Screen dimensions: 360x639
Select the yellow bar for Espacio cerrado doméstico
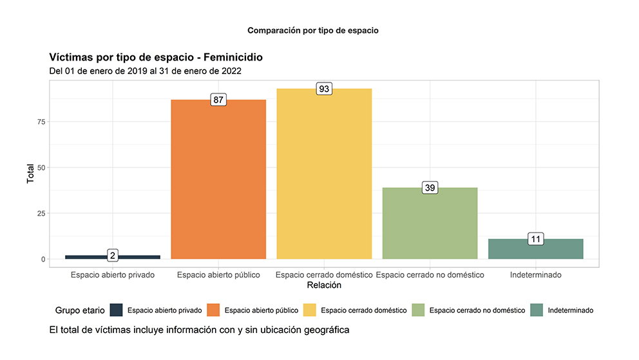pyautogui.click(x=324, y=174)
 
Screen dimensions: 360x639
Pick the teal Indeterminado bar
pyautogui.click(x=535, y=249)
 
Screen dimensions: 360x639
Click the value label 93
pyautogui.click(x=324, y=89)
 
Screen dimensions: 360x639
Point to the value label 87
pyautogui.click(x=218, y=100)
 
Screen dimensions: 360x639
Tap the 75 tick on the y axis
pyautogui.click(x=41, y=122)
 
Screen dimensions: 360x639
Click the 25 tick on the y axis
pyautogui.click(x=41, y=213)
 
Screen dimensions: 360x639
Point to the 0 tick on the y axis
pyautogui.click(x=43, y=260)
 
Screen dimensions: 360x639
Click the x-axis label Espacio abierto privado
pyautogui.click(x=113, y=275)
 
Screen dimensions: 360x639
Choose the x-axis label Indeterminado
pyautogui.click(x=535, y=275)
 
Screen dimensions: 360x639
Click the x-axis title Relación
pyautogui.click(x=324, y=285)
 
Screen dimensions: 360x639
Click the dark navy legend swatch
pyautogui.click(x=116, y=310)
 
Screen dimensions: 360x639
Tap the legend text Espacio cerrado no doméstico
pyautogui.click(x=477, y=310)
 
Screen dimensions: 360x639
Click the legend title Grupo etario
pyautogui.click(x=79, y=310)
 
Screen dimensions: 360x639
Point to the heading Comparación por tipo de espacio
pyautogui.click(x=313, y=30)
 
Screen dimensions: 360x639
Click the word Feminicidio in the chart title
pyautogui.click(x=228, y=57)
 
